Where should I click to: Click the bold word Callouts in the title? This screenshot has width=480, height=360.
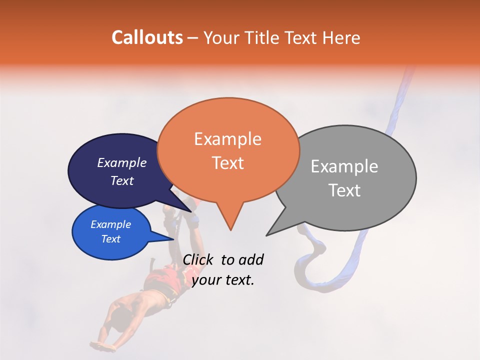(x=147, y=37)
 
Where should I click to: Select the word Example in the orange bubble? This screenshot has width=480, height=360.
(x=227, y=139)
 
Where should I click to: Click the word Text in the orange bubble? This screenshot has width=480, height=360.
(x=227, y=163)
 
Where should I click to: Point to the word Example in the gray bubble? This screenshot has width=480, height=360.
(x=344, y=166)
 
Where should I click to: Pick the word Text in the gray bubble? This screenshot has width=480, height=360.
(x=344, y=190)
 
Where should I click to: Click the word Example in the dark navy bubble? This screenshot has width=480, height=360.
(x=122, y=163)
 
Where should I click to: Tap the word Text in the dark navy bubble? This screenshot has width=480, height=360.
(x=122, y=181)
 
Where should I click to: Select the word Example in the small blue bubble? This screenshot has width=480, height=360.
(x=110, y=225)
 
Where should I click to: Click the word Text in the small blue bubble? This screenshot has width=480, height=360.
(x=110, y=239)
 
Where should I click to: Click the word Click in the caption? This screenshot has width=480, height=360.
(x=198, y=259)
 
